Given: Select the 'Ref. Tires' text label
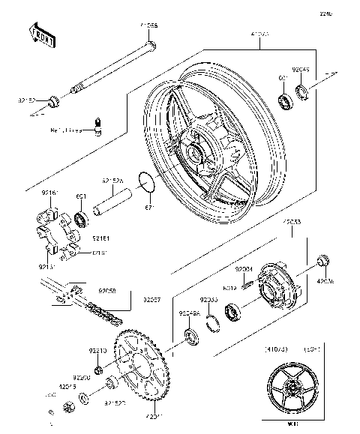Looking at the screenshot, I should point(67,130).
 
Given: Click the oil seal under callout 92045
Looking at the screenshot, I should point(302,93).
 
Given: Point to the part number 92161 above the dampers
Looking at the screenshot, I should point(49,193).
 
